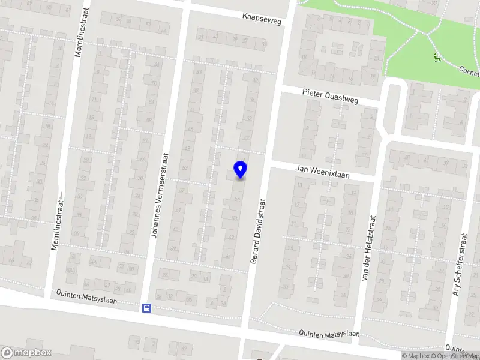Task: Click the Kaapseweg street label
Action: tap(262, 17)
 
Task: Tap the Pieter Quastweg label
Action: tap(330, 96)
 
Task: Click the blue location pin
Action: tap(241, 170)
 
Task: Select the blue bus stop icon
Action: tap(146, 308)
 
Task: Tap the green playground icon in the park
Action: tap(437, 58)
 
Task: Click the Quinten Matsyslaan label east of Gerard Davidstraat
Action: tap(330, 334)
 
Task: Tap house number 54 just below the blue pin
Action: tap(238, 199)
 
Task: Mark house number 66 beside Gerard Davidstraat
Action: tap(228, 256)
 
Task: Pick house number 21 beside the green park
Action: tap(376, 58)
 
